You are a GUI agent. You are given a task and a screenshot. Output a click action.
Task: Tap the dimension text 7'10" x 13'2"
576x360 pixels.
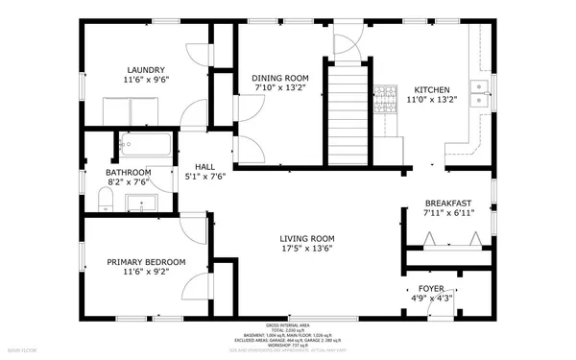280,88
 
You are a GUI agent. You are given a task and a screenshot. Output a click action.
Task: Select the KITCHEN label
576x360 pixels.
427,86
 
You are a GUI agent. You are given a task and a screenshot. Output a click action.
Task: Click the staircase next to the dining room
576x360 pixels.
348,110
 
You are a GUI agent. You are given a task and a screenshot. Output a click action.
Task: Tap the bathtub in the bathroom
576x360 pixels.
145,146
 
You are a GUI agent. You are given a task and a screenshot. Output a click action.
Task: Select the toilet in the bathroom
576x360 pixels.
107,200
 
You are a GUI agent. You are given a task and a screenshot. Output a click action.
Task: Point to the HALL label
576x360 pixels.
204,165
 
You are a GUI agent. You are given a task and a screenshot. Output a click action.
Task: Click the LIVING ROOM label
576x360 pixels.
306,238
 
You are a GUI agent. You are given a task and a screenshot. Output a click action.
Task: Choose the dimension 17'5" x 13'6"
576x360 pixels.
306,249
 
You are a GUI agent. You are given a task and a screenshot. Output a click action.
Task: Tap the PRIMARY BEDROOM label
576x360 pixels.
146,261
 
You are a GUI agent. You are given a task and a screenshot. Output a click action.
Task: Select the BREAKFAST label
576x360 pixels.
448,203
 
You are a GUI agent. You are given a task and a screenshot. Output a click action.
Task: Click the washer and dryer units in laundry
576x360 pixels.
132,113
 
